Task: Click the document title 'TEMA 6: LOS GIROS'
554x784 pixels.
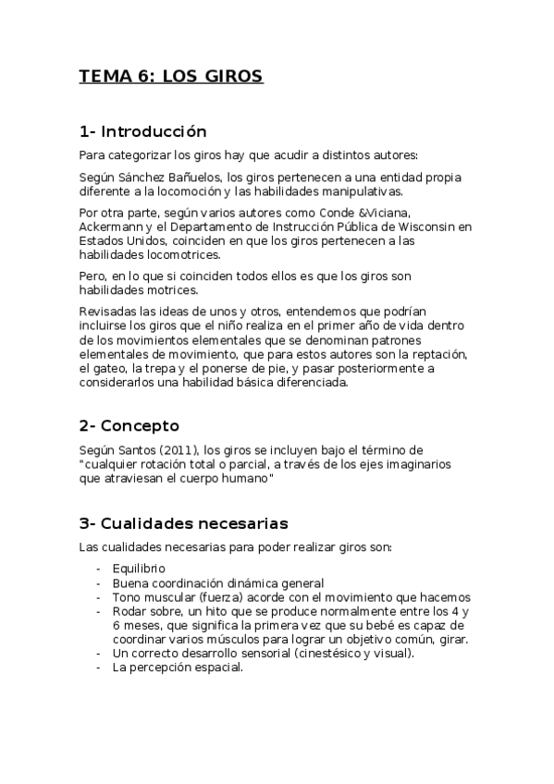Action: (171, 77)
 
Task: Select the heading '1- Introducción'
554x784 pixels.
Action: (142, 131)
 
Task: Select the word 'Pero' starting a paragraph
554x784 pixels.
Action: (92, 276)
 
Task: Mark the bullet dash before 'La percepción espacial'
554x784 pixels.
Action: (98, 668)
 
